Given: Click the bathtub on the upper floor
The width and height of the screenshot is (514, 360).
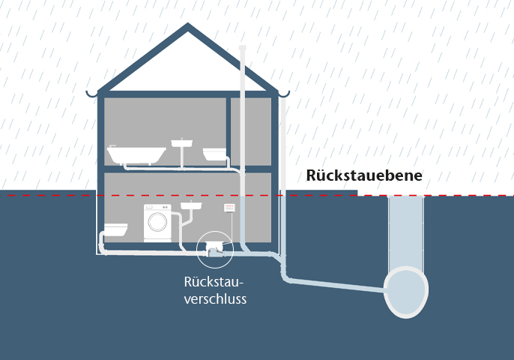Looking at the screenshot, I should coord(136,155).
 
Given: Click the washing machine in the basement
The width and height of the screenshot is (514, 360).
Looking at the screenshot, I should coord(157,223).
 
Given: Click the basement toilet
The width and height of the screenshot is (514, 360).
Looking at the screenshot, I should coord(116,229).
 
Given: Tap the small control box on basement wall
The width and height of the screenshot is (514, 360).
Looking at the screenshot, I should coord(230,207).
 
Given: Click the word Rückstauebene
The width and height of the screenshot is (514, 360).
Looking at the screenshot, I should coord(364,175).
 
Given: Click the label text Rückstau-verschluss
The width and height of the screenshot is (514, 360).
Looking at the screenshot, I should coord(215,290).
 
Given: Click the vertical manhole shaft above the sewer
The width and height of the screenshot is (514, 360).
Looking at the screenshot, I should coord(405,229).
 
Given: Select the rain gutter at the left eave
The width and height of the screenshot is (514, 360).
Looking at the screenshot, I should coord(92,94).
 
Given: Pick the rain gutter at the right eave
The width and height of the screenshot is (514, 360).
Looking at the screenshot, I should coord(283,94).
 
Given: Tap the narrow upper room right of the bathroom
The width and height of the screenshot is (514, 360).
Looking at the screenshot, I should coord(251,130).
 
